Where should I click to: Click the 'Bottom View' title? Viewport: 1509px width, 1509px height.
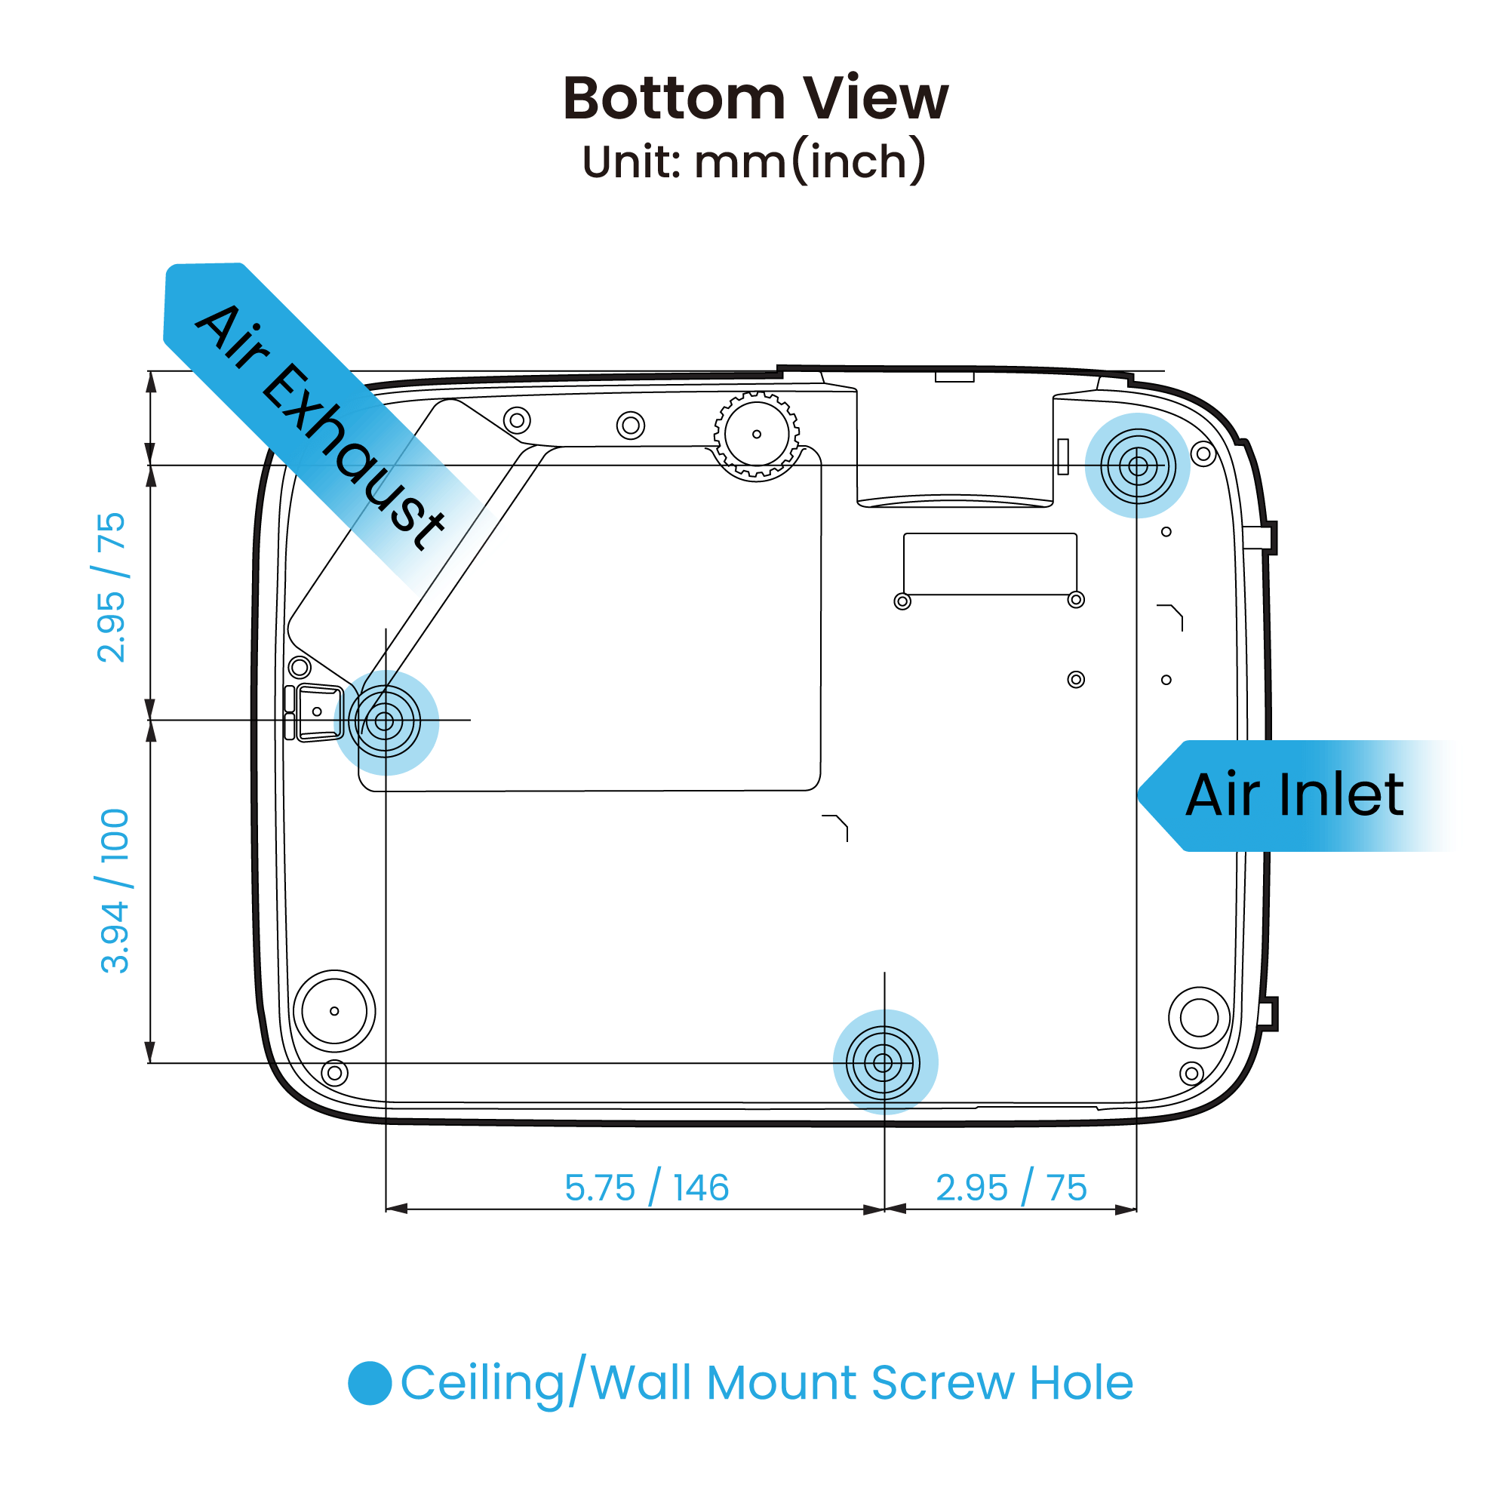click(754, 99)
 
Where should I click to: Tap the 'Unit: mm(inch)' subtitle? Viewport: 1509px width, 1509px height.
click(754, 161)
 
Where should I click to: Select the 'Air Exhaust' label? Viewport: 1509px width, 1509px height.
click(320, 426)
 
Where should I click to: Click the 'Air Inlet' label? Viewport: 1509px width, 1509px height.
click(1294, 795)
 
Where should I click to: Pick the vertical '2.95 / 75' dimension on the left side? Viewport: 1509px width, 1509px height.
click(111, 587)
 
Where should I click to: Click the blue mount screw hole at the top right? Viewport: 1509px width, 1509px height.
click(1137, 466)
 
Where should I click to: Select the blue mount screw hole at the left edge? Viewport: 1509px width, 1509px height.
click(385, 722)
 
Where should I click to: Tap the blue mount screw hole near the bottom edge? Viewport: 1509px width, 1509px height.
click(884, 1062)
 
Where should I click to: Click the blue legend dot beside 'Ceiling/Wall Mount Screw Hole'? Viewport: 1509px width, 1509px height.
click(370, 1382)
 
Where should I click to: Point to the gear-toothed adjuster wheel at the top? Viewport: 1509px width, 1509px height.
click(756, 435)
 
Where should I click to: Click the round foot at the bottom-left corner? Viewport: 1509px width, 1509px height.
click(334, 1011)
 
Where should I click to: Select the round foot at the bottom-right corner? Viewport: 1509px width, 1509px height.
click(1199, 1017)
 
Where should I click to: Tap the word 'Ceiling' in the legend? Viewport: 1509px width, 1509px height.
click(483, 1383)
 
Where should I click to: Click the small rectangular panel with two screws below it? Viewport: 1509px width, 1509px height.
click(990, 564)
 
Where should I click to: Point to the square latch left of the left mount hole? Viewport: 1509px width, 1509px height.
click(318, 711)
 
